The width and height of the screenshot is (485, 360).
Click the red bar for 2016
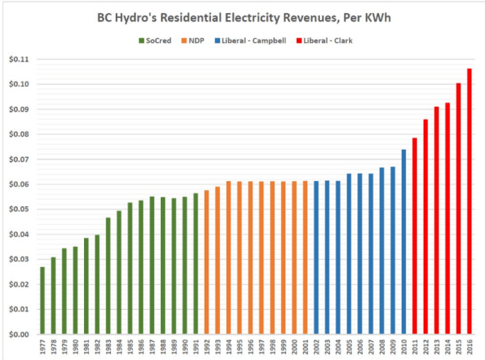coord(470,201)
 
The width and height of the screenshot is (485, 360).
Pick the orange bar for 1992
coord(206,262)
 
